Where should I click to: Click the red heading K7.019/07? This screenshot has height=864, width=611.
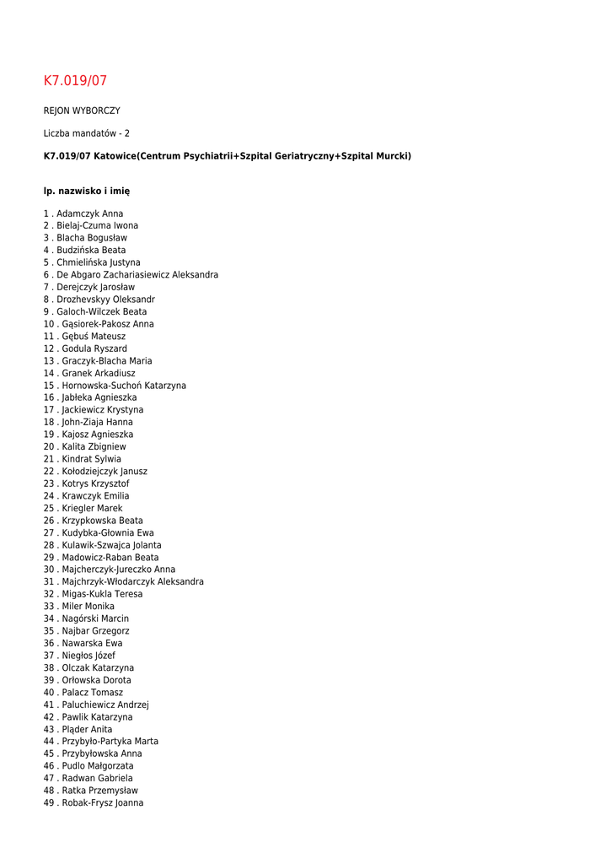point(75,81)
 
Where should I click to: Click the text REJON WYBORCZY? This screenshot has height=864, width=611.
point(82,111)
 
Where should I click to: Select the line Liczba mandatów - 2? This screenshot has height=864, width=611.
point(87,133)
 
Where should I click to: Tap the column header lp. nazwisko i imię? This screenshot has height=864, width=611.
point(87,192)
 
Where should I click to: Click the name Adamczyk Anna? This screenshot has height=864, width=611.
point(89,213)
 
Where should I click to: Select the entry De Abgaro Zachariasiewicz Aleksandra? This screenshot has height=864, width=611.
point(137,275)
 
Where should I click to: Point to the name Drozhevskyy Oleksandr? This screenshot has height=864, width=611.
point(105,300)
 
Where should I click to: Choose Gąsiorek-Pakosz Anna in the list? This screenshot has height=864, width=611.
point(108,324)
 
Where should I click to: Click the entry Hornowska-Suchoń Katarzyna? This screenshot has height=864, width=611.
point(124,386)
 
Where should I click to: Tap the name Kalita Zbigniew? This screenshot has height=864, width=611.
point(94,446)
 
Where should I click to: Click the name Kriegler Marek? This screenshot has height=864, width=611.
point(92,508)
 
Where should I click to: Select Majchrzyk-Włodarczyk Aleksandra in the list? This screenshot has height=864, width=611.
point(132,581)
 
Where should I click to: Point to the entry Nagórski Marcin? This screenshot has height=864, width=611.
point(95,618)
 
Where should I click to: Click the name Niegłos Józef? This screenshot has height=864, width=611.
point(88,656)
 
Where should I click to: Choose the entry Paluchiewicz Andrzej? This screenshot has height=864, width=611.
point(105,705)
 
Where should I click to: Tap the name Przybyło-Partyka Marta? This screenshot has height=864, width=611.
point(110,741)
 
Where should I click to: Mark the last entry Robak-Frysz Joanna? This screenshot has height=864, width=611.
point(102,802)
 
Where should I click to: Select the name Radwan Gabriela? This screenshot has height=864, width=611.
point(97,778)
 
